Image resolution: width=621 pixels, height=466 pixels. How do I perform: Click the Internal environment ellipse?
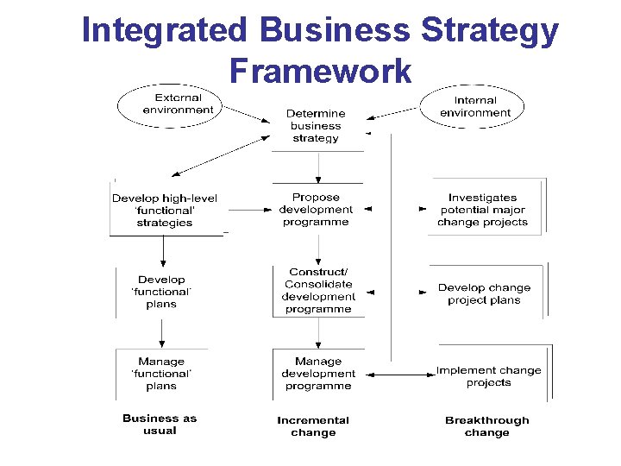tap(474, 106)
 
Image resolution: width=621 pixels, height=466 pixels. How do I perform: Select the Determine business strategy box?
tap(317, 126)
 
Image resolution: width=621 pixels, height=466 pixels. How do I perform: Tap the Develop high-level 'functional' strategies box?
tap(165, 210)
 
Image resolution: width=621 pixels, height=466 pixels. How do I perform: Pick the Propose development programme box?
tap(317, 210)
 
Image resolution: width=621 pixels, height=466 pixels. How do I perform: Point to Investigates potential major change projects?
tap(483, 210)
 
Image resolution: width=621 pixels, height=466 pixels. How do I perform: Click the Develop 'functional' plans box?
tap(161, 292)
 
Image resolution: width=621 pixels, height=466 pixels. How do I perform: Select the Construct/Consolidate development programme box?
tap(317, 291)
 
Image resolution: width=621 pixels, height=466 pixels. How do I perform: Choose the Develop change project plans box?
tap(484, 293)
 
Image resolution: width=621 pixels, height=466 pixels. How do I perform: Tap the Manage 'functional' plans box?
tap(161, 374)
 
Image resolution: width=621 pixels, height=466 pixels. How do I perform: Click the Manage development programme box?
tap(317, 374)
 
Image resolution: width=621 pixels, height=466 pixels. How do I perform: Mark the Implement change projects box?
tap(488, 376)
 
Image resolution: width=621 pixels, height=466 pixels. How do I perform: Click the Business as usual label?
tap(160, 424)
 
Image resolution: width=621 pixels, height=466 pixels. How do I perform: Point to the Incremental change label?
tap(313, 426)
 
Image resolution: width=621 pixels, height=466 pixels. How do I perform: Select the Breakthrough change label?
tap(486, 426)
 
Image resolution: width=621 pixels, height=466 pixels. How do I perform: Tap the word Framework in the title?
tap(320, 70)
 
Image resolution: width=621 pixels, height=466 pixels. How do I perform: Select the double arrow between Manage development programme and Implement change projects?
tap(399, 374)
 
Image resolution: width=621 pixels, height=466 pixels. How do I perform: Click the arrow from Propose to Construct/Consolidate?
tap(318, 249)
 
